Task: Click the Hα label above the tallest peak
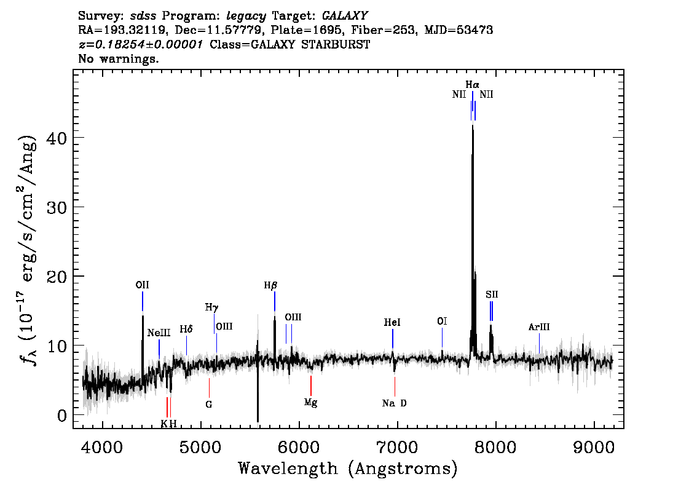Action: (x=472, y=84)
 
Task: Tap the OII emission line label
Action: (x=142, y=285)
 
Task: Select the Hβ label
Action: (x=270, y=285)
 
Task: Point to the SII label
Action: (x=492, y=294)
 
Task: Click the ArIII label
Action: (x=539, y=327)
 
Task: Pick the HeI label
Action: (x=392, y=322)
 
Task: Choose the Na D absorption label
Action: (x=394, y=403)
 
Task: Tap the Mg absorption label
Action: (x=311, y=403)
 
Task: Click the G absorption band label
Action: (x=209, y=405)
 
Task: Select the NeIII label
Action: (x=159, y=333)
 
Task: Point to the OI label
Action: (x=442, y=321)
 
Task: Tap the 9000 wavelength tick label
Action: (x=594, y=448)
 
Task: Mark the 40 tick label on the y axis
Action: (x=57, y=138)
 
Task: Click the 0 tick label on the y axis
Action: (x=62, y=416)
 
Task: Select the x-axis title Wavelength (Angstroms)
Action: (x=348, y=469)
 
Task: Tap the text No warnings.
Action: (x=118, y=58)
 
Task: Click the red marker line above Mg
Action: (x=311, y=385)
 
